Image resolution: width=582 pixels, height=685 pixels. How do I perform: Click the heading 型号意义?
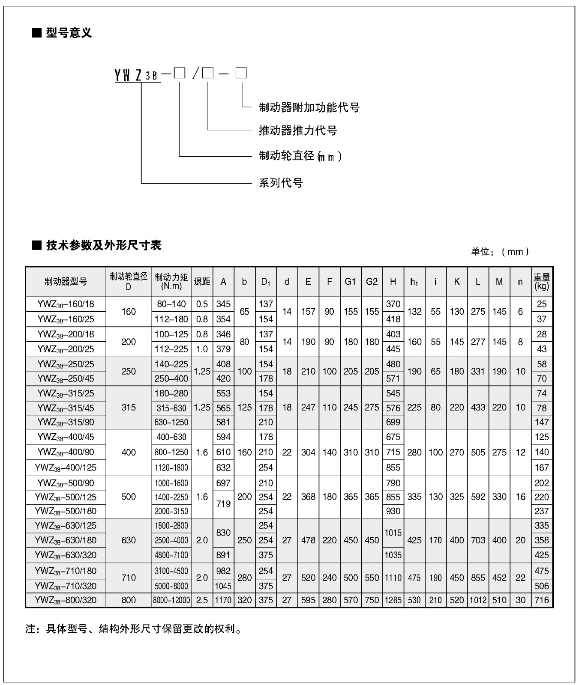pyautogui.click(x=69, y=33)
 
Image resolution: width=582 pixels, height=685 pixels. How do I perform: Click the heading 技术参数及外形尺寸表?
pyautogui.click(x=103, y=245)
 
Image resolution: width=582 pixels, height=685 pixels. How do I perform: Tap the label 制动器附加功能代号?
pyautogui.click(x=309, y=107)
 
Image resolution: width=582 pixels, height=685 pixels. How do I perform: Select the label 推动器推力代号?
pyautogui.click(x=298, y=131)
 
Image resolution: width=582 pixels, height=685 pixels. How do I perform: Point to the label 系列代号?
pyautogui.click(x=281, y=183)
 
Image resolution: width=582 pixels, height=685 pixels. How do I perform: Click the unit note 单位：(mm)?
pyautogui.click(x=500, y=252)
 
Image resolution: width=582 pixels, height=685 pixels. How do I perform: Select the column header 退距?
pyautogui.click(x=202, y=282)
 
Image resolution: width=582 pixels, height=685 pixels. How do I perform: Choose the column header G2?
pyautogui.click(x=372, y=282)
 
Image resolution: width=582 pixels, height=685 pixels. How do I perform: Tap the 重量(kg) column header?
pyautogui.click(x=542, y=282)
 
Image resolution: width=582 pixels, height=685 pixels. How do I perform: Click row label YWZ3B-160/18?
pyautogui.click(x=66, y=304)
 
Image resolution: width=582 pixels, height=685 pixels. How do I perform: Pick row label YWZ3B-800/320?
pyautogui.click(x=66, y=600)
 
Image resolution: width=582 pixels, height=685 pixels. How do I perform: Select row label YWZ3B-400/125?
pyautogui.click(x=66, y=468)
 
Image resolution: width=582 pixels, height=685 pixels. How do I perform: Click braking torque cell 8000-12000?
pyautogui.click(x=171, y=600)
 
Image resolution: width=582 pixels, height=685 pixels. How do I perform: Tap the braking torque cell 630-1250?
pyautogui.click(x=171, y=422)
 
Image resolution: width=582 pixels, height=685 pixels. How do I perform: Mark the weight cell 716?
pyautogui.click(x=542, y=600)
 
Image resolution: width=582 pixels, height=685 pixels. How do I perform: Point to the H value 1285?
pyautogui.click(x=393, y=600)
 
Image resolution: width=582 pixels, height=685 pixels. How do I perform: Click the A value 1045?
pyautogui.click(x=223, y=586)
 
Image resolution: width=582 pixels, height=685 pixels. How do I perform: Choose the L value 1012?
pyautogui.click(x=478, y=600)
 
